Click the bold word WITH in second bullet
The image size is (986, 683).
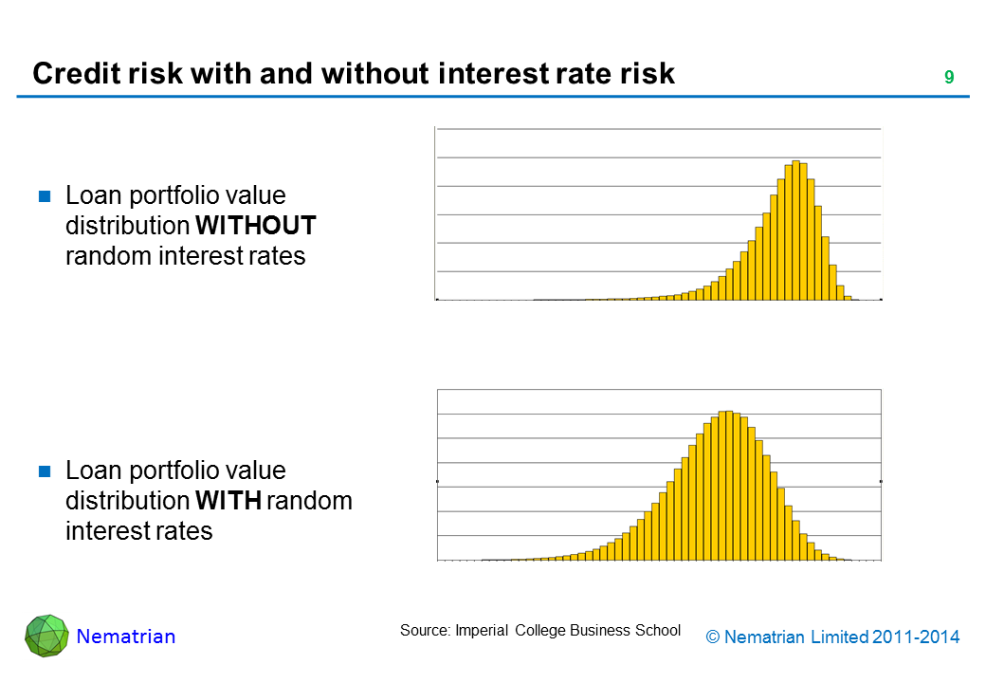tap(228, 501)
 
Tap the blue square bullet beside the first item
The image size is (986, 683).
tap(44, 197)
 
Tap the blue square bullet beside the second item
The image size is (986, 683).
tap(44, 472)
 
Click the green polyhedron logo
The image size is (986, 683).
tap(46, 636)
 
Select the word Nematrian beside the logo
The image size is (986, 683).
tap(126, 637)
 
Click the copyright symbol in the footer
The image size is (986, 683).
tap(714, 637)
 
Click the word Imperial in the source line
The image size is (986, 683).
tap(483, 630)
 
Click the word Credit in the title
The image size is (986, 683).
tap(70, 74)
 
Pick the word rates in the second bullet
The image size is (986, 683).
tap(187, 531)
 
